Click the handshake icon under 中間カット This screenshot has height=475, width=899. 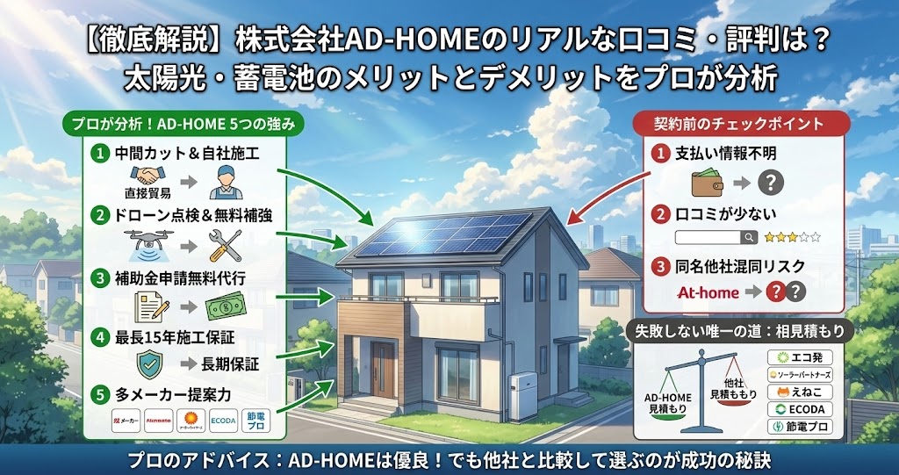(147, 176)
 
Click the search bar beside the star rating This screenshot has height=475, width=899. (716, 237)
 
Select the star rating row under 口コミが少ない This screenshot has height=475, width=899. (793, 237)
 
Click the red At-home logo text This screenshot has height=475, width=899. (708, 292)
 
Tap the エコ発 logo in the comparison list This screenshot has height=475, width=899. (799, 357)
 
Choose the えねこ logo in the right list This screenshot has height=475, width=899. (799, 392)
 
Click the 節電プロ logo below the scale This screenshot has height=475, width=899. (799, 427)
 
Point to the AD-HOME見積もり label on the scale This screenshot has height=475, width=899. (668, 402)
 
